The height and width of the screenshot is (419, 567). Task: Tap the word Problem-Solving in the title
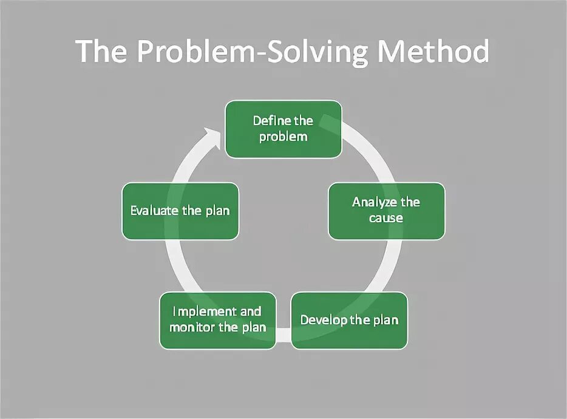tap(252, 53)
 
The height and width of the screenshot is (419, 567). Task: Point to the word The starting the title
tap(102, 52)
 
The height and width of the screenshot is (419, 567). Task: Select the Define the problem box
tap(283, 129)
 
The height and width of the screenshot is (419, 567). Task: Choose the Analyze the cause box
tap(386, 210)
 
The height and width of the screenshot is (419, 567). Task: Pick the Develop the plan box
tap(349, 320)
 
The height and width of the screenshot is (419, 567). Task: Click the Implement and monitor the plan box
tap(218, 320)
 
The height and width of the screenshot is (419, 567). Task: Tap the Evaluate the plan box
tap(180, 211)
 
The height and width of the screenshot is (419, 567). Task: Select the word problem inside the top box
tap(283, 136)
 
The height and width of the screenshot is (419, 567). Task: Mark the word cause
tap(386, 217)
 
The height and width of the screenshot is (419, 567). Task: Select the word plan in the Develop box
tap(385, 320)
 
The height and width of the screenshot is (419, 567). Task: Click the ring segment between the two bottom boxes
tap(283, 333)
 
